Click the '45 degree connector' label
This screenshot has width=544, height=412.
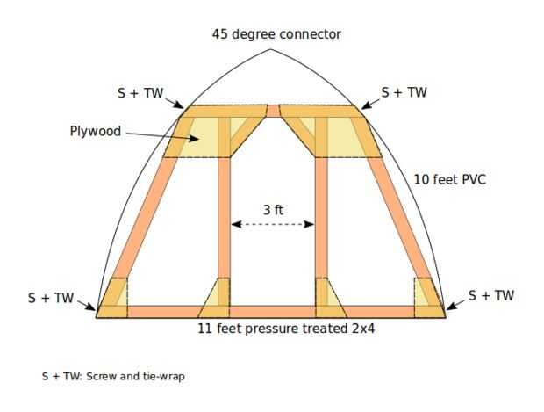click(x=276, y=34)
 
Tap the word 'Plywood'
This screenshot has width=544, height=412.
click(x=96, y=132)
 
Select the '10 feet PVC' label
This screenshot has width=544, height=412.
click(x=449, y=180)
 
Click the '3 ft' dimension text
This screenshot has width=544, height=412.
click(x=273, y=210)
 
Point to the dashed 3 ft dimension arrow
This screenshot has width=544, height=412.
click(x=273, y=225)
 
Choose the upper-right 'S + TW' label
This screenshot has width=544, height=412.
click(x=404, y=92)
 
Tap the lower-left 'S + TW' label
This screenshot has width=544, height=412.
click(x=51, y=298)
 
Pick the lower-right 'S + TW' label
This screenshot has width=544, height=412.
click(x=490, y=296)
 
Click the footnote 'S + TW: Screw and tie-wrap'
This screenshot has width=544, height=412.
click(x=113, y=376)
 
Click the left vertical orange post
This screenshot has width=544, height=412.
click(x=224, y=220)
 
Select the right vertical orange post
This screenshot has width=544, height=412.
click(x=321, y=220)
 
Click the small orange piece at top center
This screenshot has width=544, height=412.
click(x=273, y=111)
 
